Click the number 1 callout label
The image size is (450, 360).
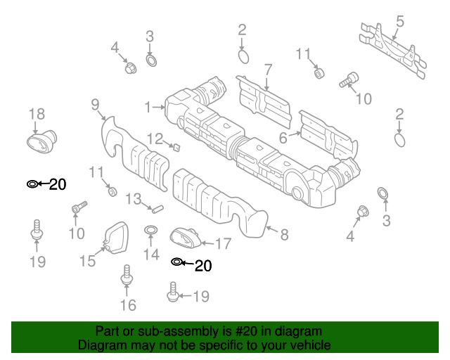tap(148, 108)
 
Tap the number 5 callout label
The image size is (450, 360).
tap(399, 21)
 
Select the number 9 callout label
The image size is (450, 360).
tap(94, 105)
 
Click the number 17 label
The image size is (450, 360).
tap(223, 244)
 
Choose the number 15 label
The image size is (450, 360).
tap(87, 262)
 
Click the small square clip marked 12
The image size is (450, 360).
tap(176, 147)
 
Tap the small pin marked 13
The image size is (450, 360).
tap(157, 208)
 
